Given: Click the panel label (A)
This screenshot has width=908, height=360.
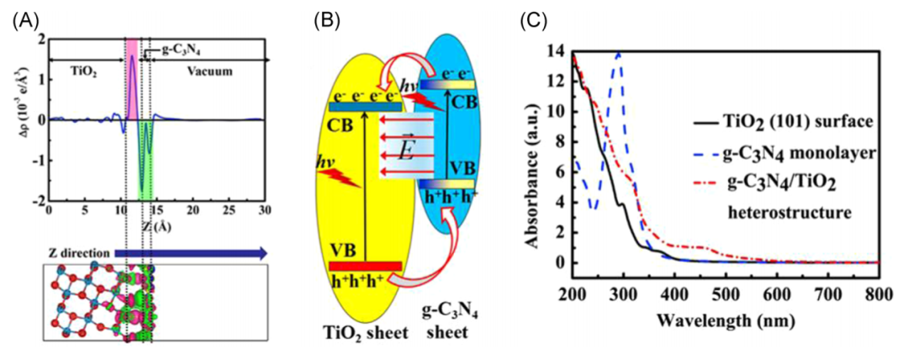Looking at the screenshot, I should click(22, 19).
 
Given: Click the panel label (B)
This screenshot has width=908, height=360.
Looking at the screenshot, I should click(325, 19).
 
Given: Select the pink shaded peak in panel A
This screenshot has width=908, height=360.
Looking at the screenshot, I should click(132, 84).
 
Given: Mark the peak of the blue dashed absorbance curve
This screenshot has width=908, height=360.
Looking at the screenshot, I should click(620, 53).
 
